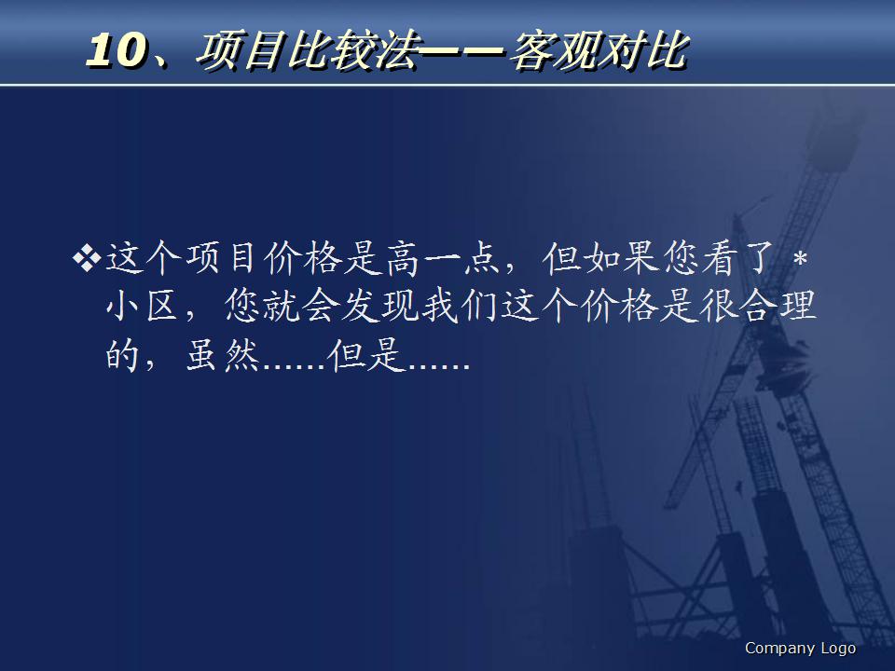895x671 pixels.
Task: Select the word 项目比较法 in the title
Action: pos(304,52)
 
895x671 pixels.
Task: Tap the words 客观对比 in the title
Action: pos(597,52)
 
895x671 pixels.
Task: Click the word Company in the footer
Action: pos(779,649)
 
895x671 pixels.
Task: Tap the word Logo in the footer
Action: pos(838,649)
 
